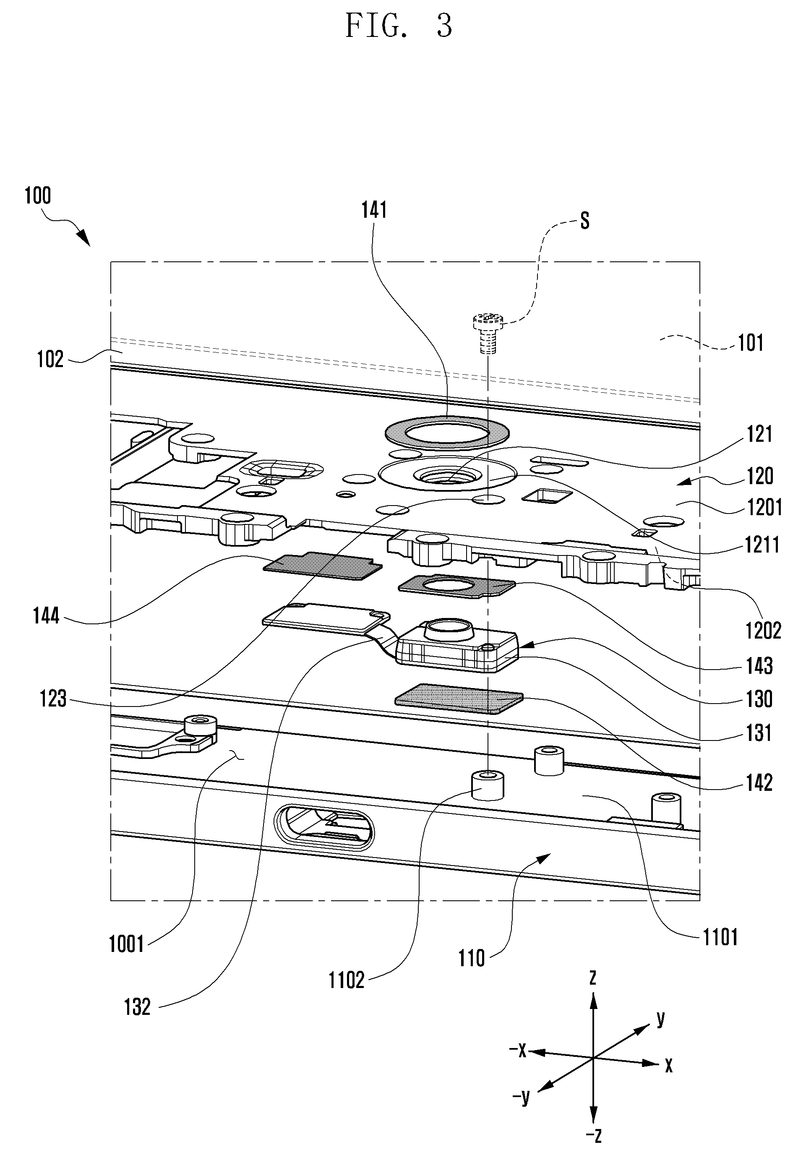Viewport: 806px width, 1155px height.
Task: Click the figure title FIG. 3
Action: pos(399,26)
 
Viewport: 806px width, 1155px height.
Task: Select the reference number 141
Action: pos(374,210)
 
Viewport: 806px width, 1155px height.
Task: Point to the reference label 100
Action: pos(38,195)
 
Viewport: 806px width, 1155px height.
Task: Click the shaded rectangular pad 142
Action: pos(459,698)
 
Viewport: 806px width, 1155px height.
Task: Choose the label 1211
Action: pos(762,545)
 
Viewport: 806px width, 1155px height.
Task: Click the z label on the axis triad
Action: pos(593,978)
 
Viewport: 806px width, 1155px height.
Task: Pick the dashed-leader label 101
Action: pos(750,343)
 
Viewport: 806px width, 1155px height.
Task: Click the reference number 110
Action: pos(472,958)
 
